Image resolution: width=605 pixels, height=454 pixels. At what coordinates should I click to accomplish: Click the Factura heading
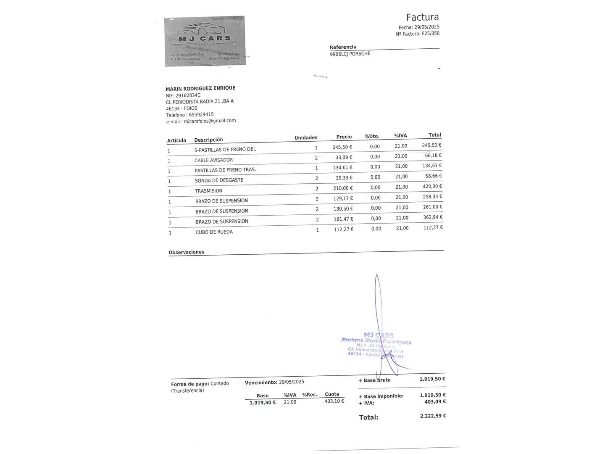click(422, 17)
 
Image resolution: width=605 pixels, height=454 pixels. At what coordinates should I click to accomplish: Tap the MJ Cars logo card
click(205, 41)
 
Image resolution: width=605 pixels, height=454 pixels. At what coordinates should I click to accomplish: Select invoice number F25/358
click(431, 34)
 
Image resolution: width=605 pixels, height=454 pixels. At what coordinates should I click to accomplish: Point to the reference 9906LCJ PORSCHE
click(350, 54)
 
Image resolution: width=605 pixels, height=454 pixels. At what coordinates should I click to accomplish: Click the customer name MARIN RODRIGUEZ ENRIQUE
click(200, 88)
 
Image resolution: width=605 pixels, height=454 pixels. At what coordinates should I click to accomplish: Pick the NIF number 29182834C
click(188, 95)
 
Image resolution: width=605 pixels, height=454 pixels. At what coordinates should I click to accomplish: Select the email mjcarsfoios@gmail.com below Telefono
click(210, 121)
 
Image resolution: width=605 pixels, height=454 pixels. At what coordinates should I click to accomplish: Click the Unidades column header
click(306, 137)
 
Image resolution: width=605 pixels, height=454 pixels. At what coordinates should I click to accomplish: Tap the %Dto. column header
click(372, 136)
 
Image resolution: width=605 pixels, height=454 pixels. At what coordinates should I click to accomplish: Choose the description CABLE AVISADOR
click(213, 160)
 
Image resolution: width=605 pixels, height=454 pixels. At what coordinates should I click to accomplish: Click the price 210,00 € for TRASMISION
click(343, 188)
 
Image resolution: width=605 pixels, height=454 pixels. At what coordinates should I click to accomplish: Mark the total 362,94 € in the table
click(432, 217)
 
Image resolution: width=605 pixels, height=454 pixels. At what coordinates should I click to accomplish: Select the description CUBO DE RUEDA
click(214, 232)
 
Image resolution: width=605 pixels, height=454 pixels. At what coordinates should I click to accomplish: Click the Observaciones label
click(186, 252)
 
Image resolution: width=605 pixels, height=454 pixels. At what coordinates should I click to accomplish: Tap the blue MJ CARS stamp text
click(379, 335)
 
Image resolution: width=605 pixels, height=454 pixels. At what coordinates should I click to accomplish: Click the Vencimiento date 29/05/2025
click(291, 382)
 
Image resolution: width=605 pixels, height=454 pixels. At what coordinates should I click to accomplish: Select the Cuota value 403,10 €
click(334, 401)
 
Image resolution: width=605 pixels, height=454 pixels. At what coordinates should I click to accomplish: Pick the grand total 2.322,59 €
click(433, 416)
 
